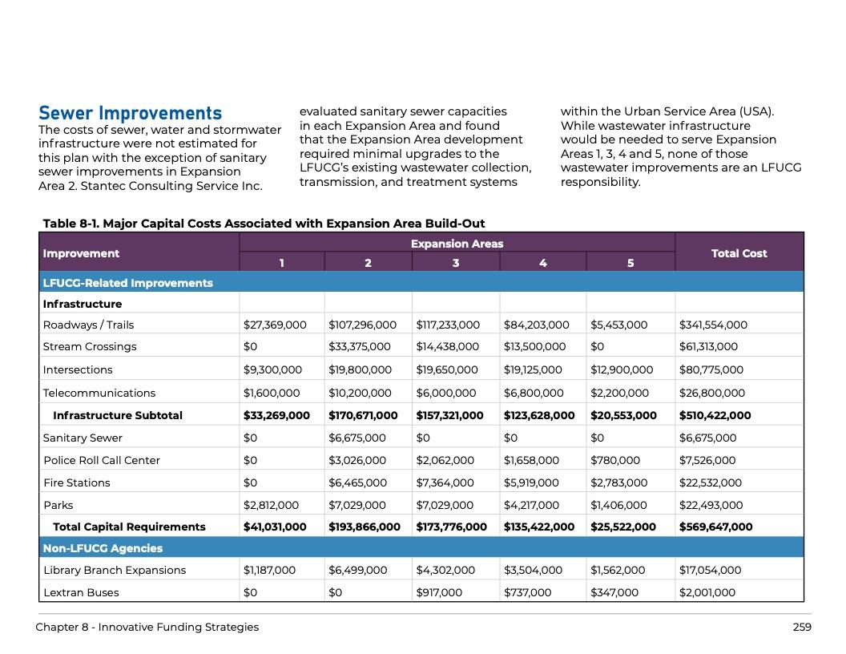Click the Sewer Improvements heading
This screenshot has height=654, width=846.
point(130,113)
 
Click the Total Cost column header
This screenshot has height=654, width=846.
point(739,253)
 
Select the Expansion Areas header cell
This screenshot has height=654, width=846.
point(457,244)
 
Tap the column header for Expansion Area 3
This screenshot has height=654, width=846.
point(455,263)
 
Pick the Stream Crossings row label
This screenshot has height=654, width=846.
point(90,346)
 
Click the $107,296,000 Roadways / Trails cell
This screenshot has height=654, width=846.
point(362,325)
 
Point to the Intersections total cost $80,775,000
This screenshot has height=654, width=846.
point(711,369)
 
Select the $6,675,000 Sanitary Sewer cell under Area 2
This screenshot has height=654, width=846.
point(357,438)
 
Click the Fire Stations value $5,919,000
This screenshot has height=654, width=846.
point(532,482)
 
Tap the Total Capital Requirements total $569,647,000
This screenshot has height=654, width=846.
point(715,527)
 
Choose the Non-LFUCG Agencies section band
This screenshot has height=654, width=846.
point(103,548)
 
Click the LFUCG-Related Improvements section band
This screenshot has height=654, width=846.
point(127,283)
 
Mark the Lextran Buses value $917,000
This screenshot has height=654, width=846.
point(439,592)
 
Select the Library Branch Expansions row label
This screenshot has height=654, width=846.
point(115,570)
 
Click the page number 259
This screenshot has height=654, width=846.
point(801,627)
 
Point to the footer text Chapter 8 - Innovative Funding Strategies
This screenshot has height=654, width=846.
point(147,627)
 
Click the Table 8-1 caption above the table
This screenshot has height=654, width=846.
point(264,224)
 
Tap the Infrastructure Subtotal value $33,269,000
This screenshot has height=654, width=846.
point(276,415)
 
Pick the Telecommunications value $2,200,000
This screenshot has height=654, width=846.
point(619,393)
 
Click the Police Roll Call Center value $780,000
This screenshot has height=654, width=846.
point(614,460)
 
